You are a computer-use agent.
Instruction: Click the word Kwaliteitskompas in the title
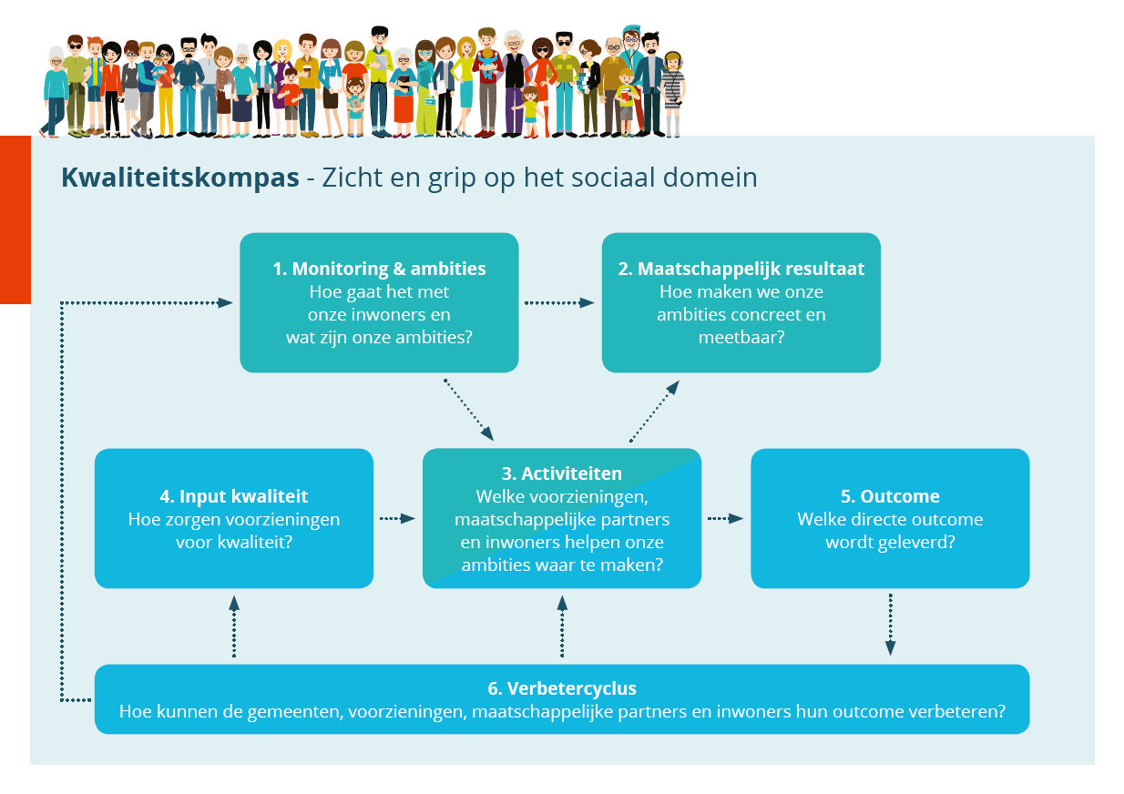coord(179,178)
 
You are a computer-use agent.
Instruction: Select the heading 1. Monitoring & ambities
coord(379,269)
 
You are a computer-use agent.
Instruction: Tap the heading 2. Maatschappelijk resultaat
coord(741,269)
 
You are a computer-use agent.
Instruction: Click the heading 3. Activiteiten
coord(561,473)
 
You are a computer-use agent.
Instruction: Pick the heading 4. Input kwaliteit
coord(234,496)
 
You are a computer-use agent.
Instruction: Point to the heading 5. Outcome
coord(890,496)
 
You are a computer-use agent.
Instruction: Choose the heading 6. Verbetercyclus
coord(562,687)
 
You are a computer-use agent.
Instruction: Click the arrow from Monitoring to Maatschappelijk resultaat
coord(559,302)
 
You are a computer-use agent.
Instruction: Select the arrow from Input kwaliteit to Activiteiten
coord(397,518)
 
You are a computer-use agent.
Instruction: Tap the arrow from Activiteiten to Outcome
coord(725,518)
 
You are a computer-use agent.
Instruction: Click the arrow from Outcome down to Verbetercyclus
coord(890,625)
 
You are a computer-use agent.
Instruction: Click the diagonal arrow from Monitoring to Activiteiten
coord(468,410)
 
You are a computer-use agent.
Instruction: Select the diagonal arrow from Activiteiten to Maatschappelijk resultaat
coord(654,412)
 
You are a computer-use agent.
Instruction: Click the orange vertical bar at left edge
coord(15,219)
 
